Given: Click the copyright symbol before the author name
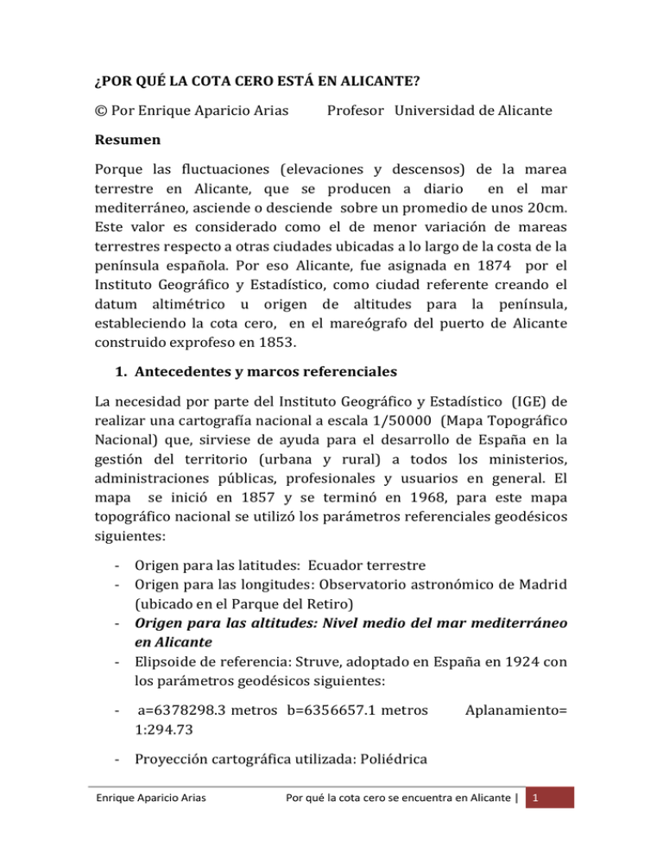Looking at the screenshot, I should (98, 111).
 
